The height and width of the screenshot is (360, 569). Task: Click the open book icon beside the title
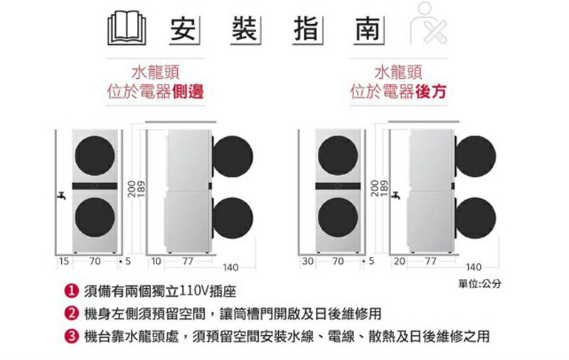[127, 28]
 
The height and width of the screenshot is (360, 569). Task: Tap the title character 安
[183, 29]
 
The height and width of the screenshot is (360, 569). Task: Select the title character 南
[368, 29]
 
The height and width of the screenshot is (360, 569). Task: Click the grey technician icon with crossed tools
[429, 23]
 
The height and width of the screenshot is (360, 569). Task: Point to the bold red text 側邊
[188, 91]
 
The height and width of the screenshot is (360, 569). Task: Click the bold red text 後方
[431, 91]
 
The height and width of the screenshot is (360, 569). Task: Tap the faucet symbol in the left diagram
[61, 196]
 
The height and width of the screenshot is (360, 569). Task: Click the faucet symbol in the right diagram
[395, 196]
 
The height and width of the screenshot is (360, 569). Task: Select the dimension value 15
[64, 261]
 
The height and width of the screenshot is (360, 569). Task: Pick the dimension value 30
[307, 261]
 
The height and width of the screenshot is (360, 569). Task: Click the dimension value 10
[156, 261]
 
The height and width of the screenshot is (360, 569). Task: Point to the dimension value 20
[400, 261]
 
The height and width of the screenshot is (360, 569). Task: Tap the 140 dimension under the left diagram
[230, 268]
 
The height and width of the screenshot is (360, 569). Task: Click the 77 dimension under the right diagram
[430, 261]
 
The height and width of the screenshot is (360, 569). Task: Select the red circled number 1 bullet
[71, 291]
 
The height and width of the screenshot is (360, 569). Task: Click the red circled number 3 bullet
[71, 336]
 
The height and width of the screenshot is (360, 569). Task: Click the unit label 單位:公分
[479, 284]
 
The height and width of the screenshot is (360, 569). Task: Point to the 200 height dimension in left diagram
[132, 189]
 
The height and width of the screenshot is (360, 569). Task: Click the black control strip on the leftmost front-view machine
[95, 186]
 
